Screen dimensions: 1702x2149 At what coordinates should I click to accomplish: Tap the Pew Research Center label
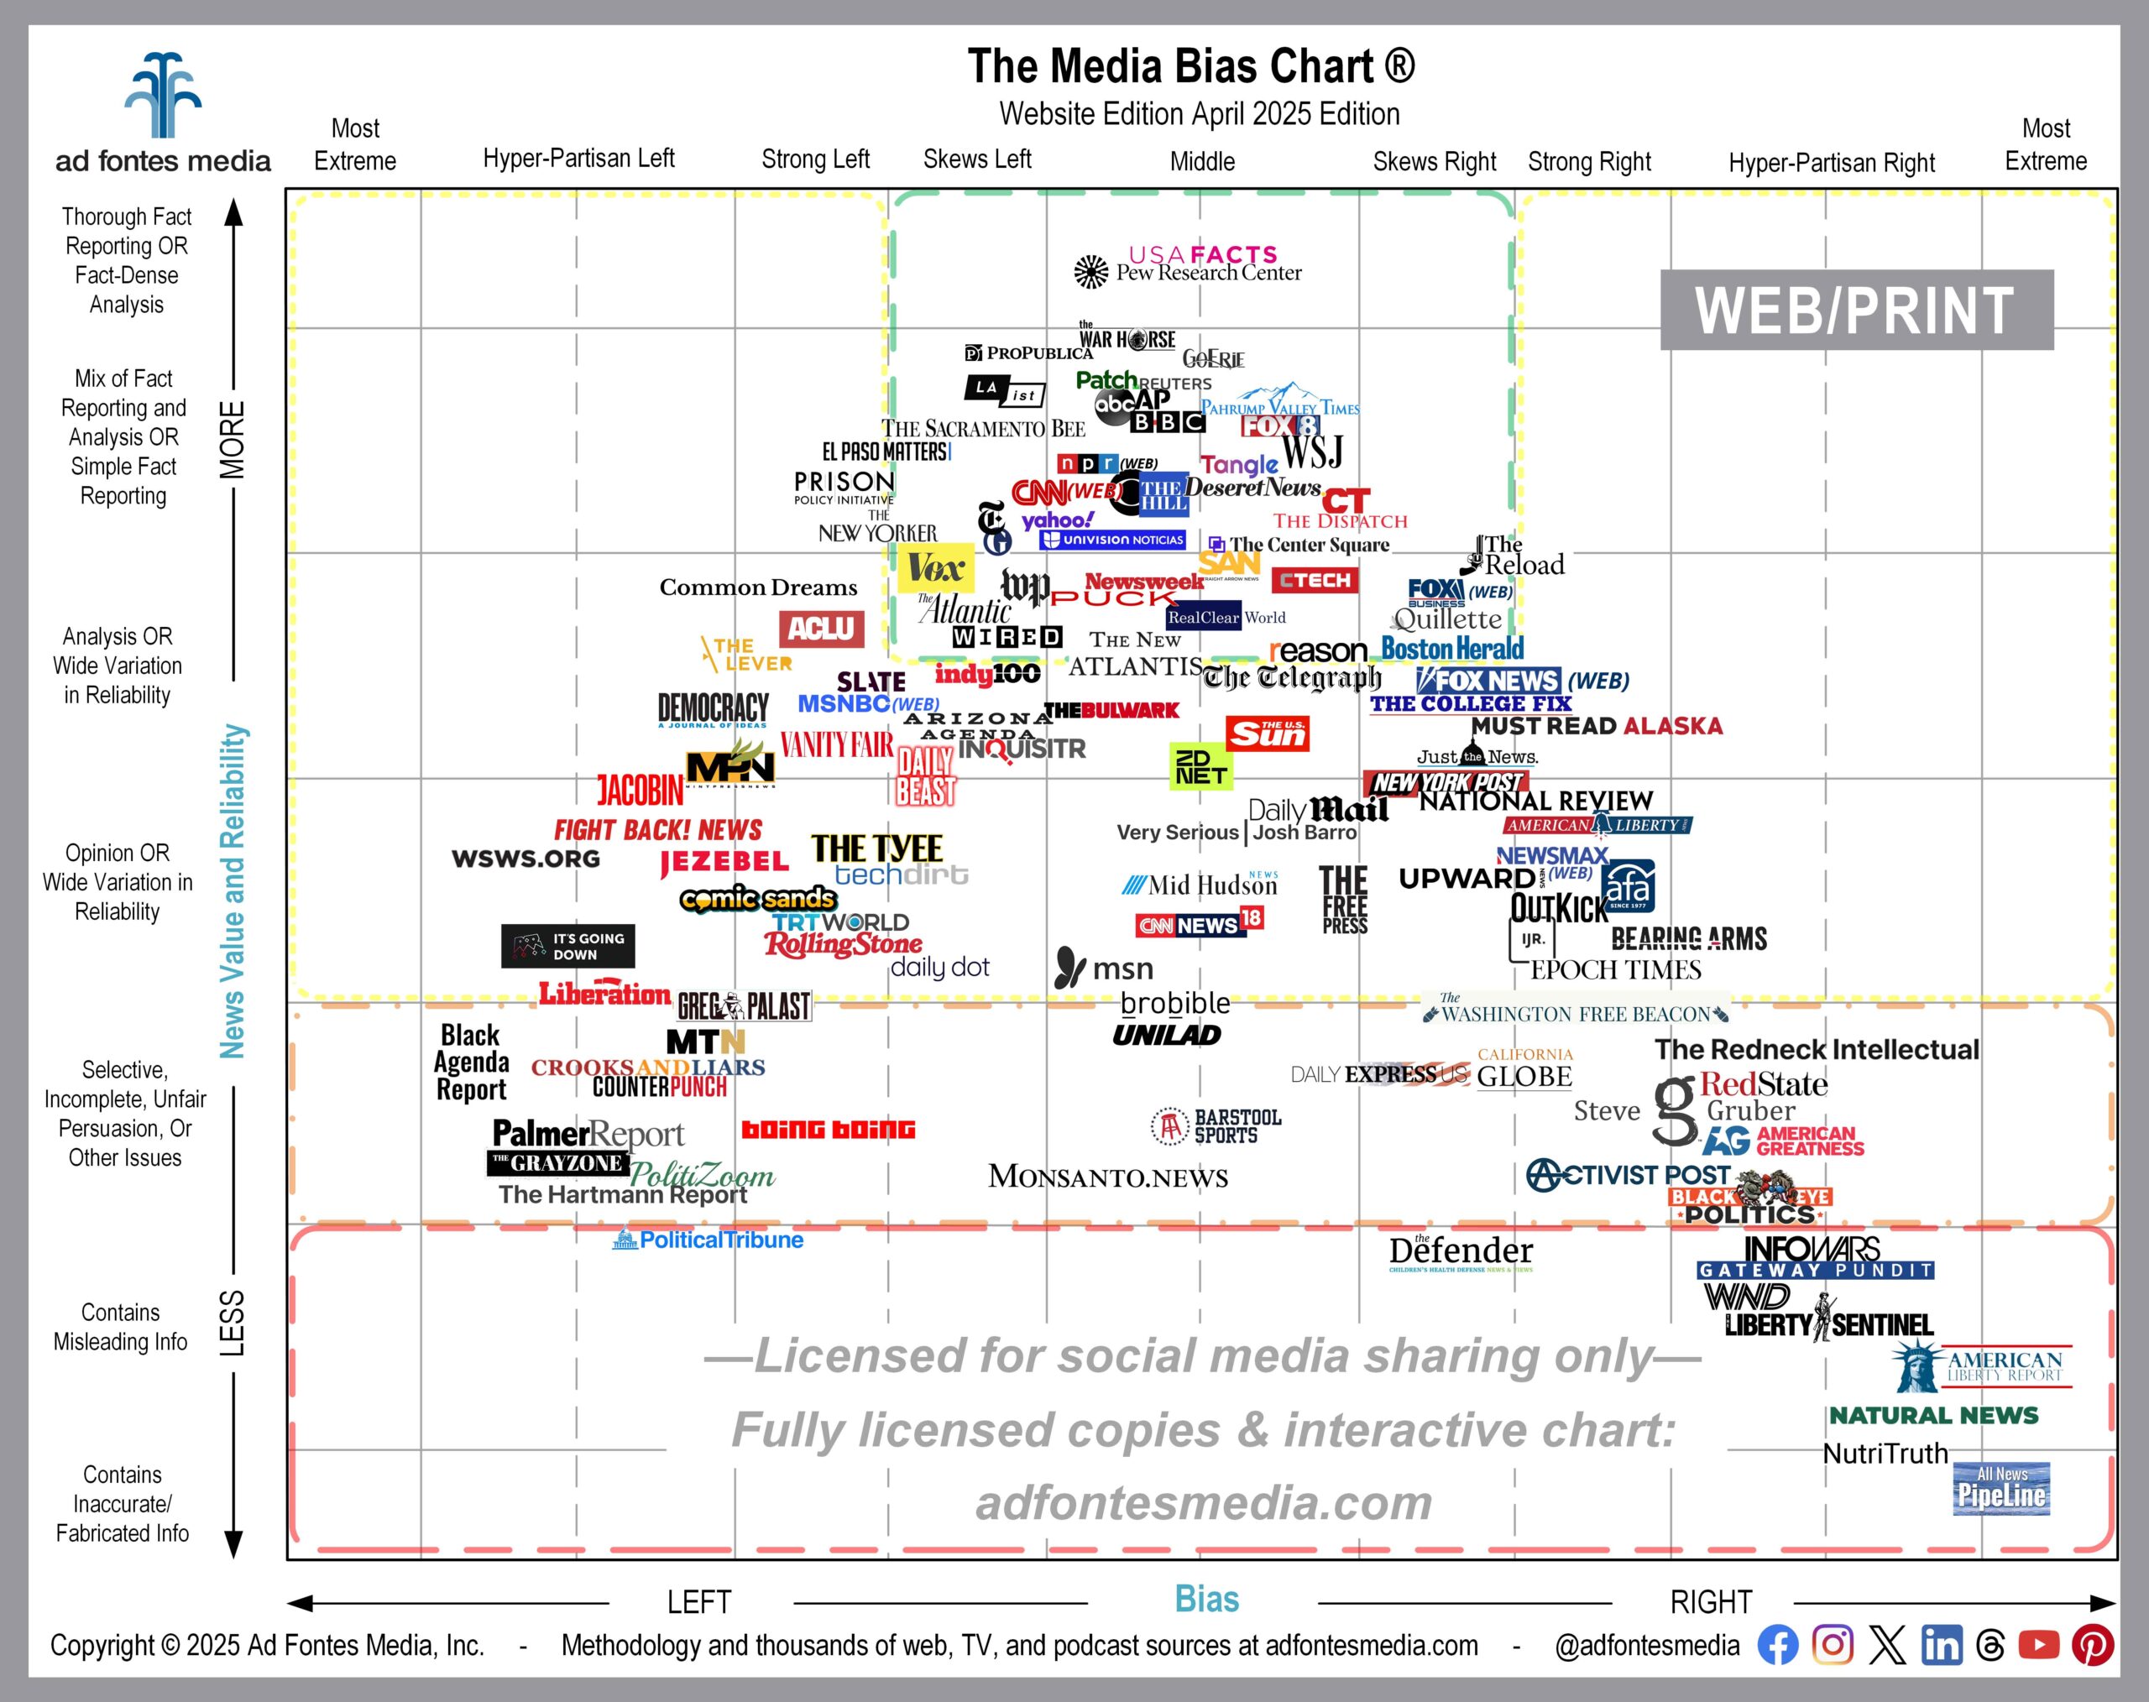pyautogui.click(x=1207, y=273)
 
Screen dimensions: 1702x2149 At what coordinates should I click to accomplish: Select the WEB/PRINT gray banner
pyautogui.click(x=1855, y=310)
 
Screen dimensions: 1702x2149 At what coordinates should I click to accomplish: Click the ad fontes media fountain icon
pyautogui.click(x=163, y=96)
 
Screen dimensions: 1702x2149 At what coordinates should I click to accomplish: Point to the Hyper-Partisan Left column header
pyautogui.click(x=578, y=159)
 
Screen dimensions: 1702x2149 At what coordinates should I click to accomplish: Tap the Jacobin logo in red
pyautogui.click(x=640, y=791)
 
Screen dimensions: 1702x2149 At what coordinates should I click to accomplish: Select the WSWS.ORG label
pyautogui.click(x=525, y=858)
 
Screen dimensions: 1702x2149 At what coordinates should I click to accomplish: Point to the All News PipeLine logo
pyautogui.click(x=2000, y=1488)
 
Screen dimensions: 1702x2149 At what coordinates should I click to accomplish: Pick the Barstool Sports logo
pyautogui.click(x=1216, y=1126)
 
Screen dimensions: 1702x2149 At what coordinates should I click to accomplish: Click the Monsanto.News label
pyautogui.click(x=1107, y=1177)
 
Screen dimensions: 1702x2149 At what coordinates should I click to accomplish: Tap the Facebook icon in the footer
pyautogui.click(x=1777, y=1644)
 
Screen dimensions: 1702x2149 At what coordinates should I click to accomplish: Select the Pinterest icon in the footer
pyautogui.click(x=2092, y=1644)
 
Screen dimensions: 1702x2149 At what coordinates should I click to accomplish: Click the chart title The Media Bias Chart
pyautogui.click(x=1190, y=67)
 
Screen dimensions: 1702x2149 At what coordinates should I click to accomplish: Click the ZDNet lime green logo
pyautogui.click(x=1200, y=766)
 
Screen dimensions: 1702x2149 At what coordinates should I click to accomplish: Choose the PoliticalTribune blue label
pyautogui.click(x=708, y=1240)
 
